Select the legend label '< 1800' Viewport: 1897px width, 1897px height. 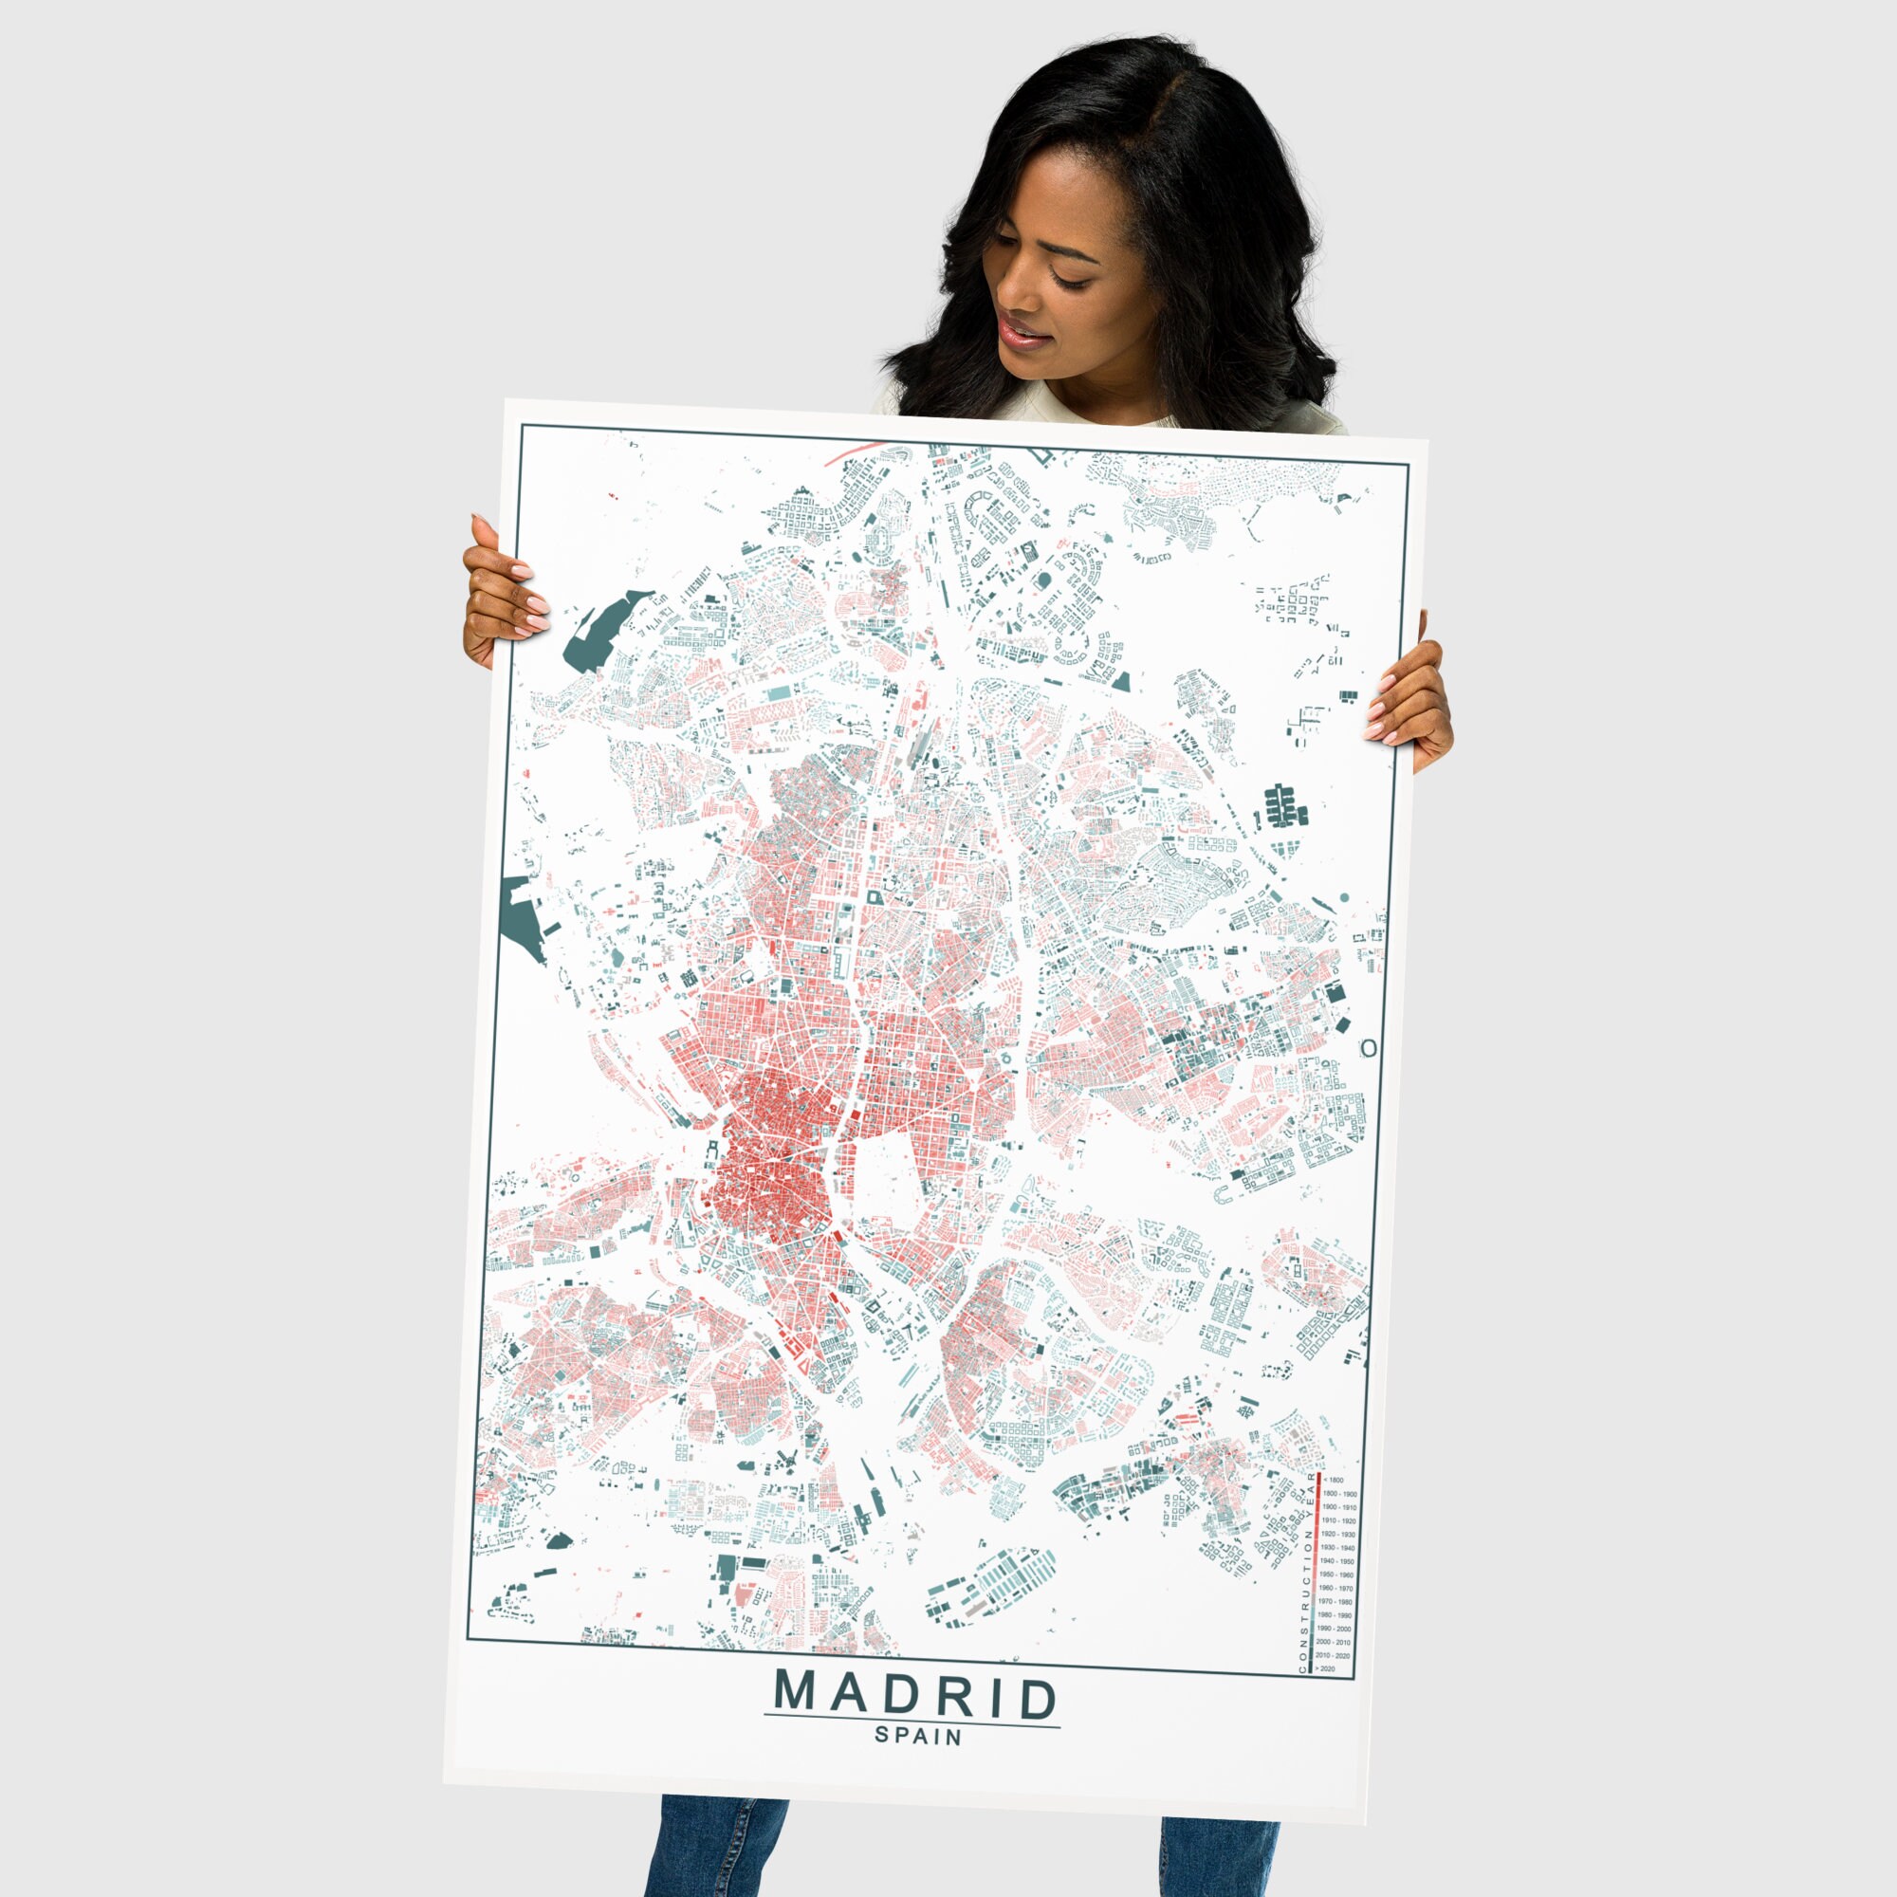pyautogui.click(x=1335, y=1480)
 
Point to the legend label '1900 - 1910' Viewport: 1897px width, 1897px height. pyautogui.click(x=1340, y=1507)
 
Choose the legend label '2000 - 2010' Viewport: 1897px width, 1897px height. pyautogui.click(x=1335, y=1643)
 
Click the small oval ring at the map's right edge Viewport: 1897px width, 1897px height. pyautogui.click(x=1368, y=1049)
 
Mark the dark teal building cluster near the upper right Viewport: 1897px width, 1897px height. pyautogui.click(x=1284, y=807)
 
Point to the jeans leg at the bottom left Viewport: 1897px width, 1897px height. pyautogui.click(x=717, y=1856)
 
